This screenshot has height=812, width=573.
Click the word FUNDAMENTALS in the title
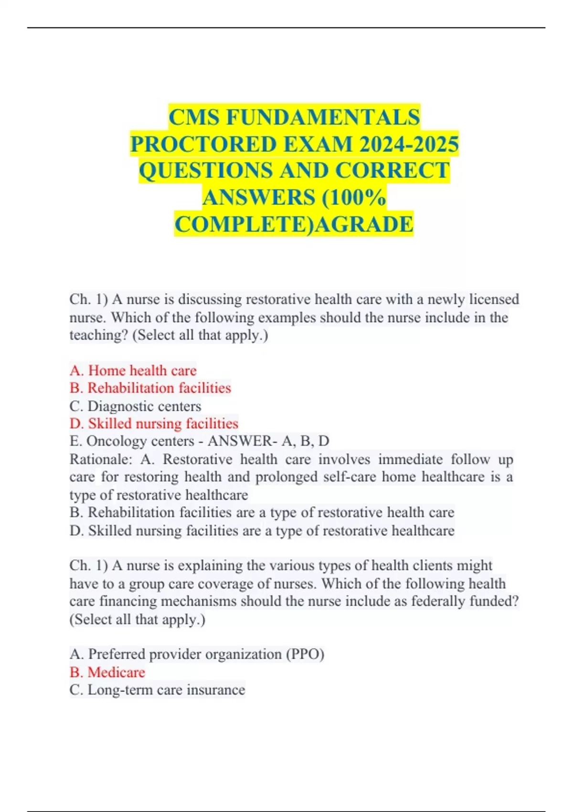click(x=323, y=117)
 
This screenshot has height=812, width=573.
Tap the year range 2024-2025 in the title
click(x=409, y=144)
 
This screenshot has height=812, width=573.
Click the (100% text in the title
click(x=354, y=197)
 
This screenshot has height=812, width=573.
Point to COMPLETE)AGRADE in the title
click(x=294, y=224)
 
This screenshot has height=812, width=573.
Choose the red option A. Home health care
click(x=133, y=370)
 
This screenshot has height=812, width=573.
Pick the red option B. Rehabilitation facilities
click(x=150, y=388)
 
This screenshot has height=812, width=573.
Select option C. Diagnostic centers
click(x=135, y=406)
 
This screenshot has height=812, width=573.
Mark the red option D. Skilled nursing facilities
click(x=153, y=424)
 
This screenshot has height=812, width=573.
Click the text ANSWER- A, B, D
click(x=268, y=441)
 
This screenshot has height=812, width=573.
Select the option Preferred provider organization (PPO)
click(x=197, y=654)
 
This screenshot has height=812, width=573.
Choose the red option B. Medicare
click(x=107, y=672)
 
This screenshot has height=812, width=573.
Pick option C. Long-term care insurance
click(x=157, y=690)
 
